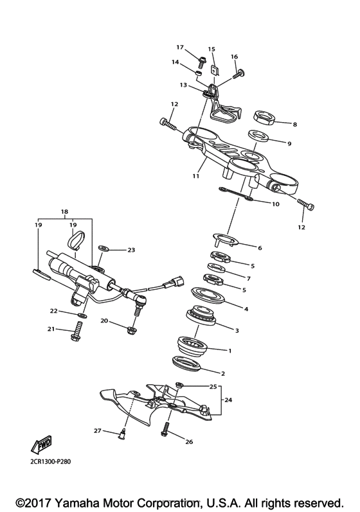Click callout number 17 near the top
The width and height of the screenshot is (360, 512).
click(180, 48)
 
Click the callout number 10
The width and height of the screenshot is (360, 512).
click(276, 205)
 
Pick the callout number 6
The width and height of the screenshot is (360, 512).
click(260, 247)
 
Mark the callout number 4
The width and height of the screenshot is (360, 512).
click(245, 308)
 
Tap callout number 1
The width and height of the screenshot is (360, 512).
click(230, 351)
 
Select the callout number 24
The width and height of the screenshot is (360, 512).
click(228, 399)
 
